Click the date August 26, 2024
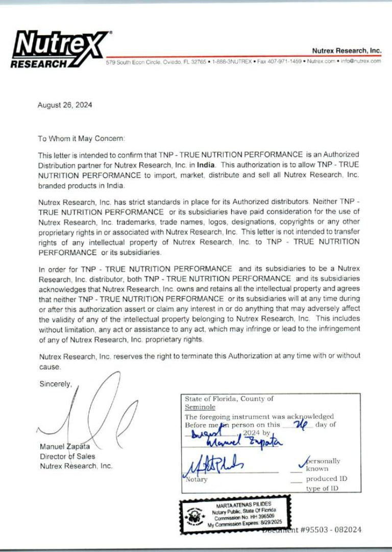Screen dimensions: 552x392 point(65,105)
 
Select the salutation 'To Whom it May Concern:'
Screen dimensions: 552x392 point(81,139)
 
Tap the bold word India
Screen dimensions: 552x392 point(207,165)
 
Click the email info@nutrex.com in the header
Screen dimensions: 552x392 point(360,61)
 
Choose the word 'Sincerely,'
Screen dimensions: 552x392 point(56,384)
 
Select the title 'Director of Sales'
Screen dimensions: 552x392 point(67,456)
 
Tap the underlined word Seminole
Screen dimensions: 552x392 point(200,407)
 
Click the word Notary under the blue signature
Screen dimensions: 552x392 point(197,479)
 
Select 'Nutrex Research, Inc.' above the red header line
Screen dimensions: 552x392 point(347,51)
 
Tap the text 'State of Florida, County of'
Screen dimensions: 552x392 point(229,399)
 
